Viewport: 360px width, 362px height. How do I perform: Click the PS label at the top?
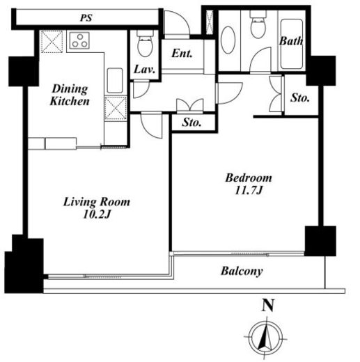[86, 18]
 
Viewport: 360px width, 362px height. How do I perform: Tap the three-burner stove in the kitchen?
[79, 40]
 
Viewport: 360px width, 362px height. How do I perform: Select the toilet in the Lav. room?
[145, 44]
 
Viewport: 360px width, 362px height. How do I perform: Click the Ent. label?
[182, 54]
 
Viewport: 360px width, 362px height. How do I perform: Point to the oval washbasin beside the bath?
[228, 40]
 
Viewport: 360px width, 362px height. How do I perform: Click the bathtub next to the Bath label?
[292, 44]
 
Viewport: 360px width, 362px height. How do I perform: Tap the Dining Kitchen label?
[70, 95]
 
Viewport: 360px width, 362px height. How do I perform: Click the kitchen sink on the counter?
[115, 80]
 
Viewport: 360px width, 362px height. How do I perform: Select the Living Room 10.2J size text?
[97, 214]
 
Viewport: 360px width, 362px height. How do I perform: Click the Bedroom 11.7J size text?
[249, 191]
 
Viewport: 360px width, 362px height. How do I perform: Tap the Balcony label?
[242, 271]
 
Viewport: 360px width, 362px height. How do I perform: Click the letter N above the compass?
[268, 305]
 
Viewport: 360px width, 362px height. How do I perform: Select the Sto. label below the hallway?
[191, 123]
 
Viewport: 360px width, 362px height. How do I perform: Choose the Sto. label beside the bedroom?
[300, 98]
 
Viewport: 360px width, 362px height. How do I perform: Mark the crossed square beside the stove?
[52, 42]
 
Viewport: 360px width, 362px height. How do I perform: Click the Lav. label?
[145, 70]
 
